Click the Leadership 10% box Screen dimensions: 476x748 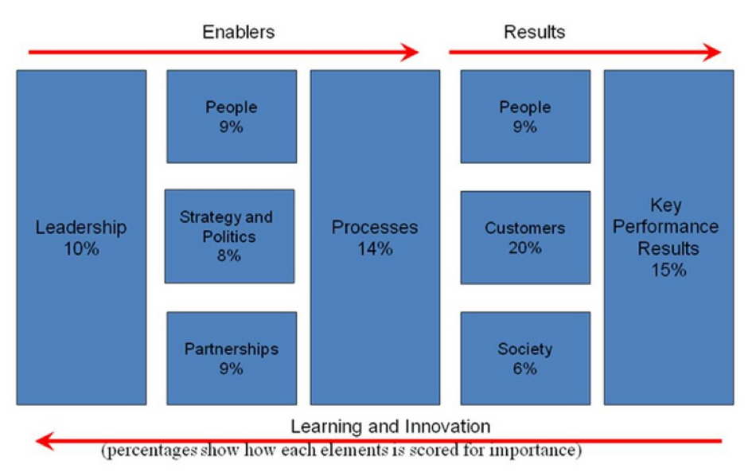tap(81, 237)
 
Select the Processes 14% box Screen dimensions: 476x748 tap(374, 237)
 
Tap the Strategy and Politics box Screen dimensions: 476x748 tap(229, 236)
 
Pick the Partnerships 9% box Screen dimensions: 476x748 tap(232, 358)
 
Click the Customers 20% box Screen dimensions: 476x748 tap(525, 237)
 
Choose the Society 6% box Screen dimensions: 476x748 tap(525, 358)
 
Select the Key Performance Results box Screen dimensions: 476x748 tap(668, 237)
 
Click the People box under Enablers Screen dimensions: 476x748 tap(232, 116)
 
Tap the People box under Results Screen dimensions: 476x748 tap(525, 116)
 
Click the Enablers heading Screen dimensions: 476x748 tap(238, 32)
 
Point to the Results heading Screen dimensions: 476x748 tap(534, 32)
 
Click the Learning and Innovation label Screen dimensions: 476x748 tap(390, 426)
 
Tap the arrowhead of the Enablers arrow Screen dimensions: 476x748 tap(409, 53)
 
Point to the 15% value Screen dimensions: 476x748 tap(668, 269)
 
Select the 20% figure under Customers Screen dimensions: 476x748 tap(525, 248)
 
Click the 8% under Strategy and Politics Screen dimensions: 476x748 tap(229, 256)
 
